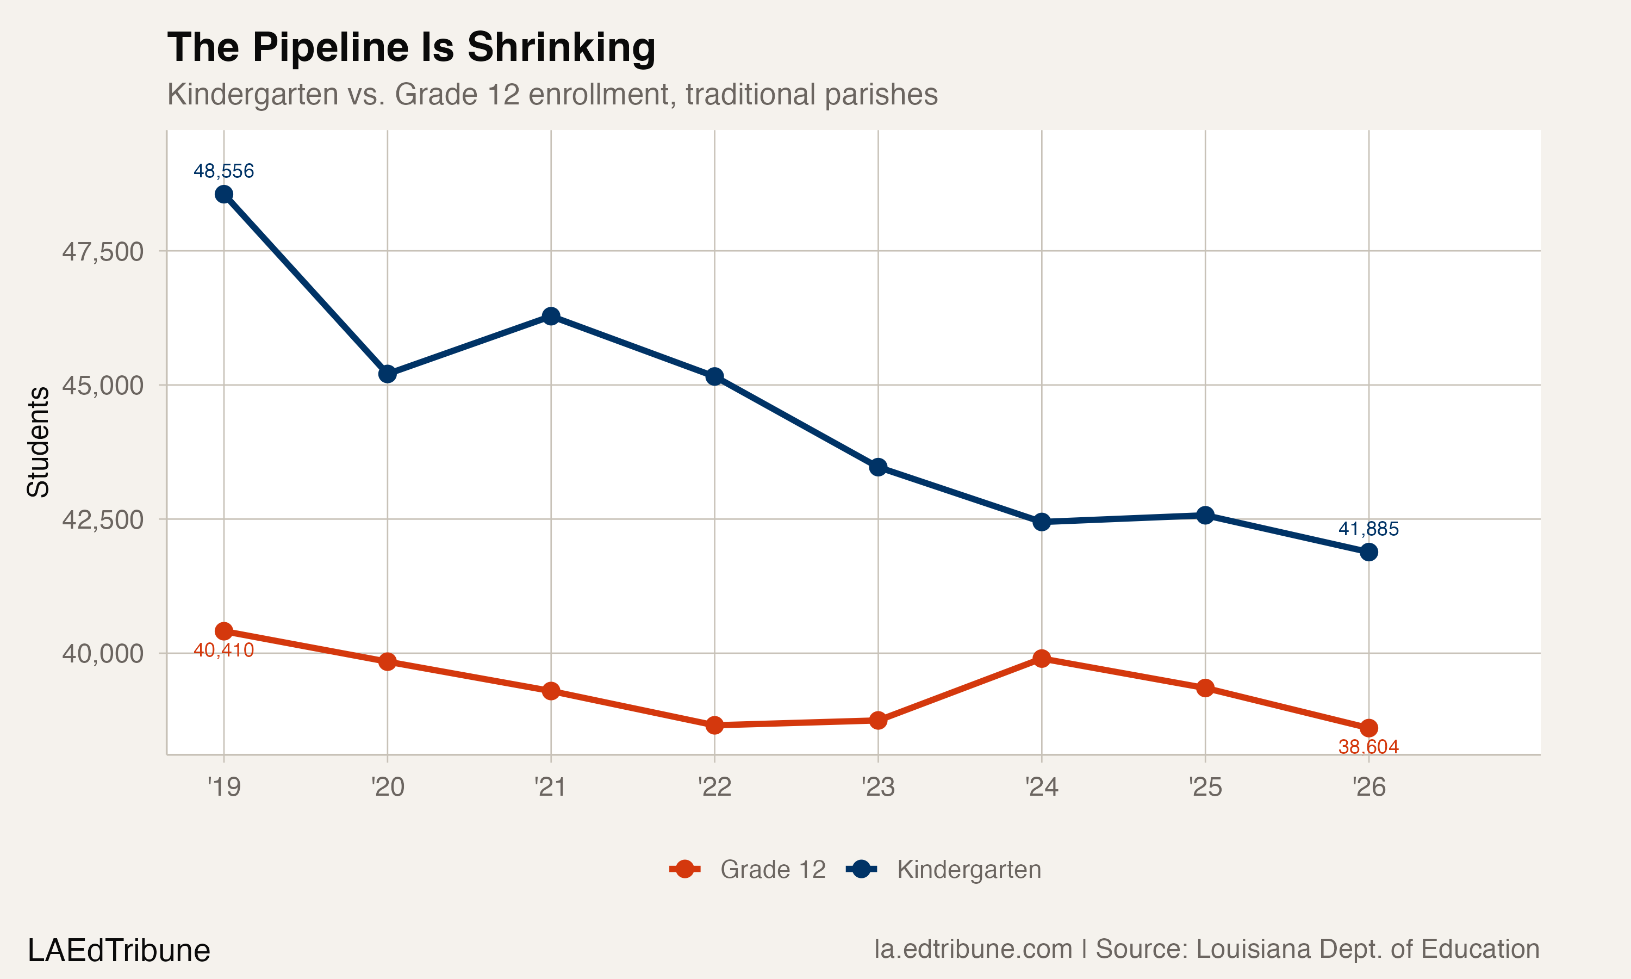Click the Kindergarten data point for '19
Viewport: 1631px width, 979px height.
(223, 194)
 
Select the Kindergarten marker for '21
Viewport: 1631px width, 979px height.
(551, 316)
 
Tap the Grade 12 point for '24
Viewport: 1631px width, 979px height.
(1042, 659)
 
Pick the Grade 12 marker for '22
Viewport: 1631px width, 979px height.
(714, 725)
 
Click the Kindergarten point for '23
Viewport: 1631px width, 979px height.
(878, 467)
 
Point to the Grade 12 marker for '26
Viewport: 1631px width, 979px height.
(1368, 728)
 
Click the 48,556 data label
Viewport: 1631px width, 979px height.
(223, 171)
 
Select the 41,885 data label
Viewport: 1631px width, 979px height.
(1368, 529)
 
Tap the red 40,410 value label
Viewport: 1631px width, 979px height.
(223, 650)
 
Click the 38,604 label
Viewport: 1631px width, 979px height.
(1368, 747)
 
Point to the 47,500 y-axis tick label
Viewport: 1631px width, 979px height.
(102, 252)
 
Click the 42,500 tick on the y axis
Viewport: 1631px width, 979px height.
(102, 520)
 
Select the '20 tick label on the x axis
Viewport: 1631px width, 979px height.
(388, 787)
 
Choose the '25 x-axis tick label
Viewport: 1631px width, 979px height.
(1205, 787)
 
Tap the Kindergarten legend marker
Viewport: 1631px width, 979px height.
(861, 870)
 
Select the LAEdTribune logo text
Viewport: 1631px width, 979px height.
(119, 951)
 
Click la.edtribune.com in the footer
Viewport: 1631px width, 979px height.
(973, 949)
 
